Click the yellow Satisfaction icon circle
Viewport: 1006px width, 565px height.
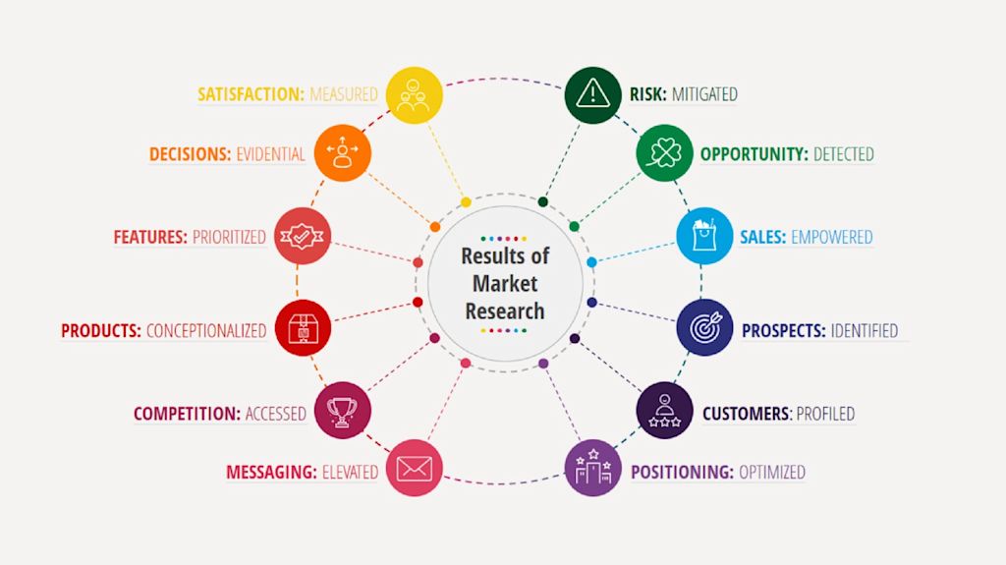pos(415,95)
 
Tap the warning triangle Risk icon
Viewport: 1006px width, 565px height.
pos(592,94)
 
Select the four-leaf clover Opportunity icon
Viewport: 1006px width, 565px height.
pos(664,153)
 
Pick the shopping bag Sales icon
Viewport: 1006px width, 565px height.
pos(704,237)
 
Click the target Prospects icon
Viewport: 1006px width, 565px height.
pos(704,327)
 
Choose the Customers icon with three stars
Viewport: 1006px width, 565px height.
pos(664,410)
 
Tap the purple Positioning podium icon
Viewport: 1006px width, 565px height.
pos(592,467)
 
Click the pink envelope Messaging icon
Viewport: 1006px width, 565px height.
pos(415,468)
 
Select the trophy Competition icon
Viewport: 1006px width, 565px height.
pos(343,410)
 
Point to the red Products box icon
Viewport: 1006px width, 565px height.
pos(303,327)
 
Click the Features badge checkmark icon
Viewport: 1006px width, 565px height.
pos(303,236)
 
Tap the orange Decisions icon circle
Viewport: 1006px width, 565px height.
pos(343,153)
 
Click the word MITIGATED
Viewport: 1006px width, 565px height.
pos(704,95)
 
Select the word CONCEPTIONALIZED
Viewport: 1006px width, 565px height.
pos(206,331)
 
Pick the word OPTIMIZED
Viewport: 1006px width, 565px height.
pos(772,473)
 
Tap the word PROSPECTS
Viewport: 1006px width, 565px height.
pos(783,331)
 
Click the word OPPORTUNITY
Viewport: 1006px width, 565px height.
pos(754,154)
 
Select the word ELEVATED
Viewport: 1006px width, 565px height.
pos(350,473)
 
